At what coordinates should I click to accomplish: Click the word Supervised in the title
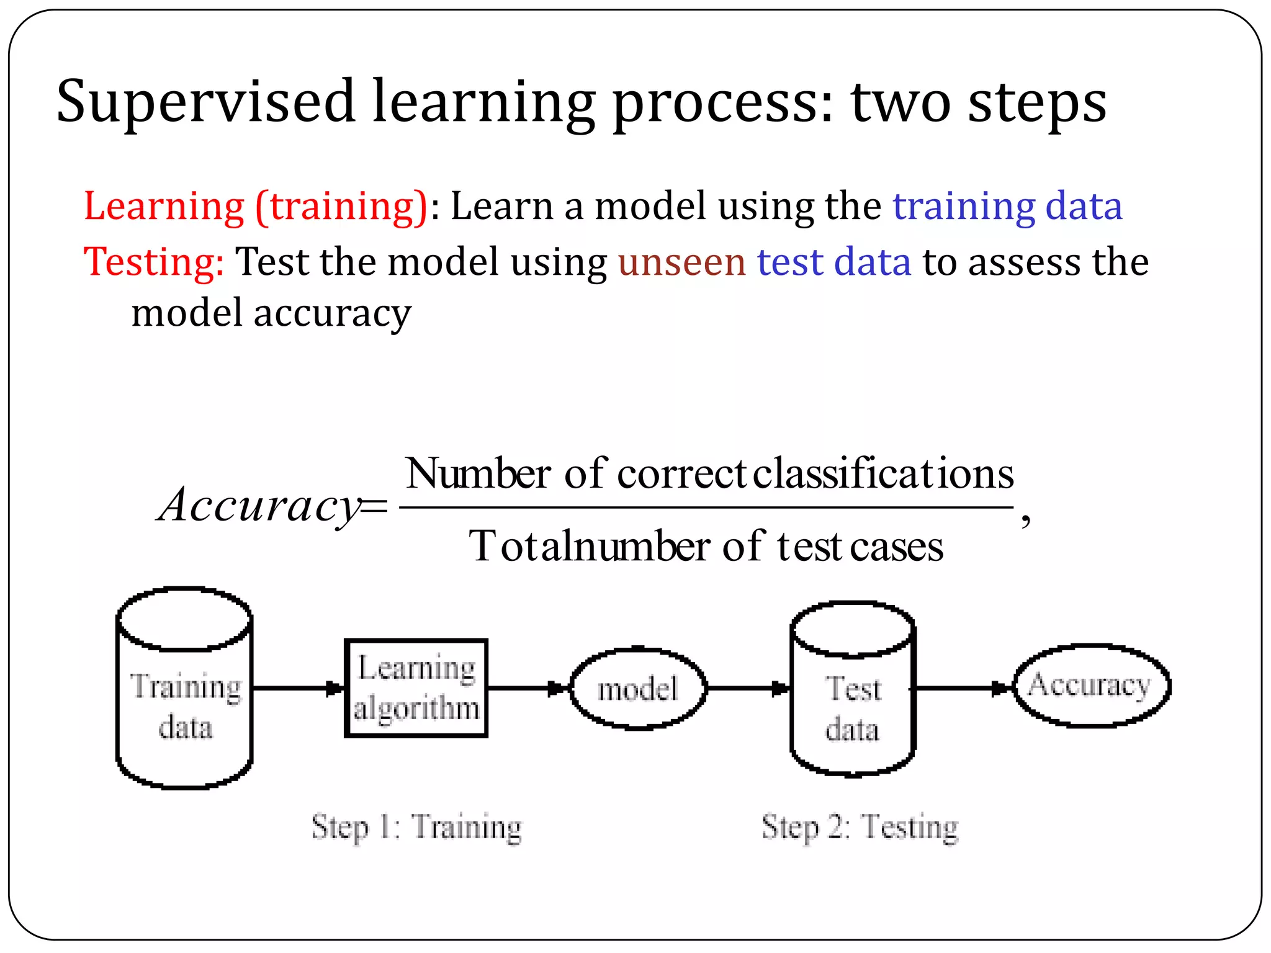pos(205,102)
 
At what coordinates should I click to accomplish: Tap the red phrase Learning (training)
pos(256,206)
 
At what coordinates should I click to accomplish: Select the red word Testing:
pos(154,262)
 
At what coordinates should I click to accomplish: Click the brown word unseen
pos(681,262)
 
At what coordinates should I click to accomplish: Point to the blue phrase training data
pos(1007,206)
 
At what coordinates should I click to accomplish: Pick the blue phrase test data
pos(833,262)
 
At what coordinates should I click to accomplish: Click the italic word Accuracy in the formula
pos(258,505)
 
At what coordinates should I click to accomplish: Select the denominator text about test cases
pos(706,547)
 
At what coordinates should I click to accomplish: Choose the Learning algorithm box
pos(416,688)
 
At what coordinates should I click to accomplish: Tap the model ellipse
pos(637,689)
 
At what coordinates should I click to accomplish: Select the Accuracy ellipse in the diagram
pos(1090,686)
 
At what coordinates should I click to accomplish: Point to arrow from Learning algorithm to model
pos(528,688)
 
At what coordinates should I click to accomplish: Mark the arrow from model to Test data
pos(748,688)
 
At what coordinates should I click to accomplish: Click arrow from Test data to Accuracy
pos(963,688)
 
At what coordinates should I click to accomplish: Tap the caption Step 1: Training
pos(416,827)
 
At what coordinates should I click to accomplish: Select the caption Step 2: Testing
pos(860,827)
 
